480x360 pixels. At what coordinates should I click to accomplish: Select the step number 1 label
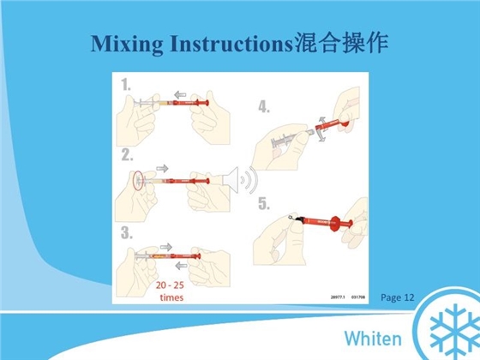[x=128, y=85]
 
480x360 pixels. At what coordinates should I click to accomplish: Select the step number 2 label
[x=128, y=155]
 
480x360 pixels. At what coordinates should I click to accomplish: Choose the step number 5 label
[x=264, y=206]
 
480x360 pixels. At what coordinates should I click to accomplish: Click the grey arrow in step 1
[x=179, y=94]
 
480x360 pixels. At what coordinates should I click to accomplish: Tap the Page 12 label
[x=397, y=297]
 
